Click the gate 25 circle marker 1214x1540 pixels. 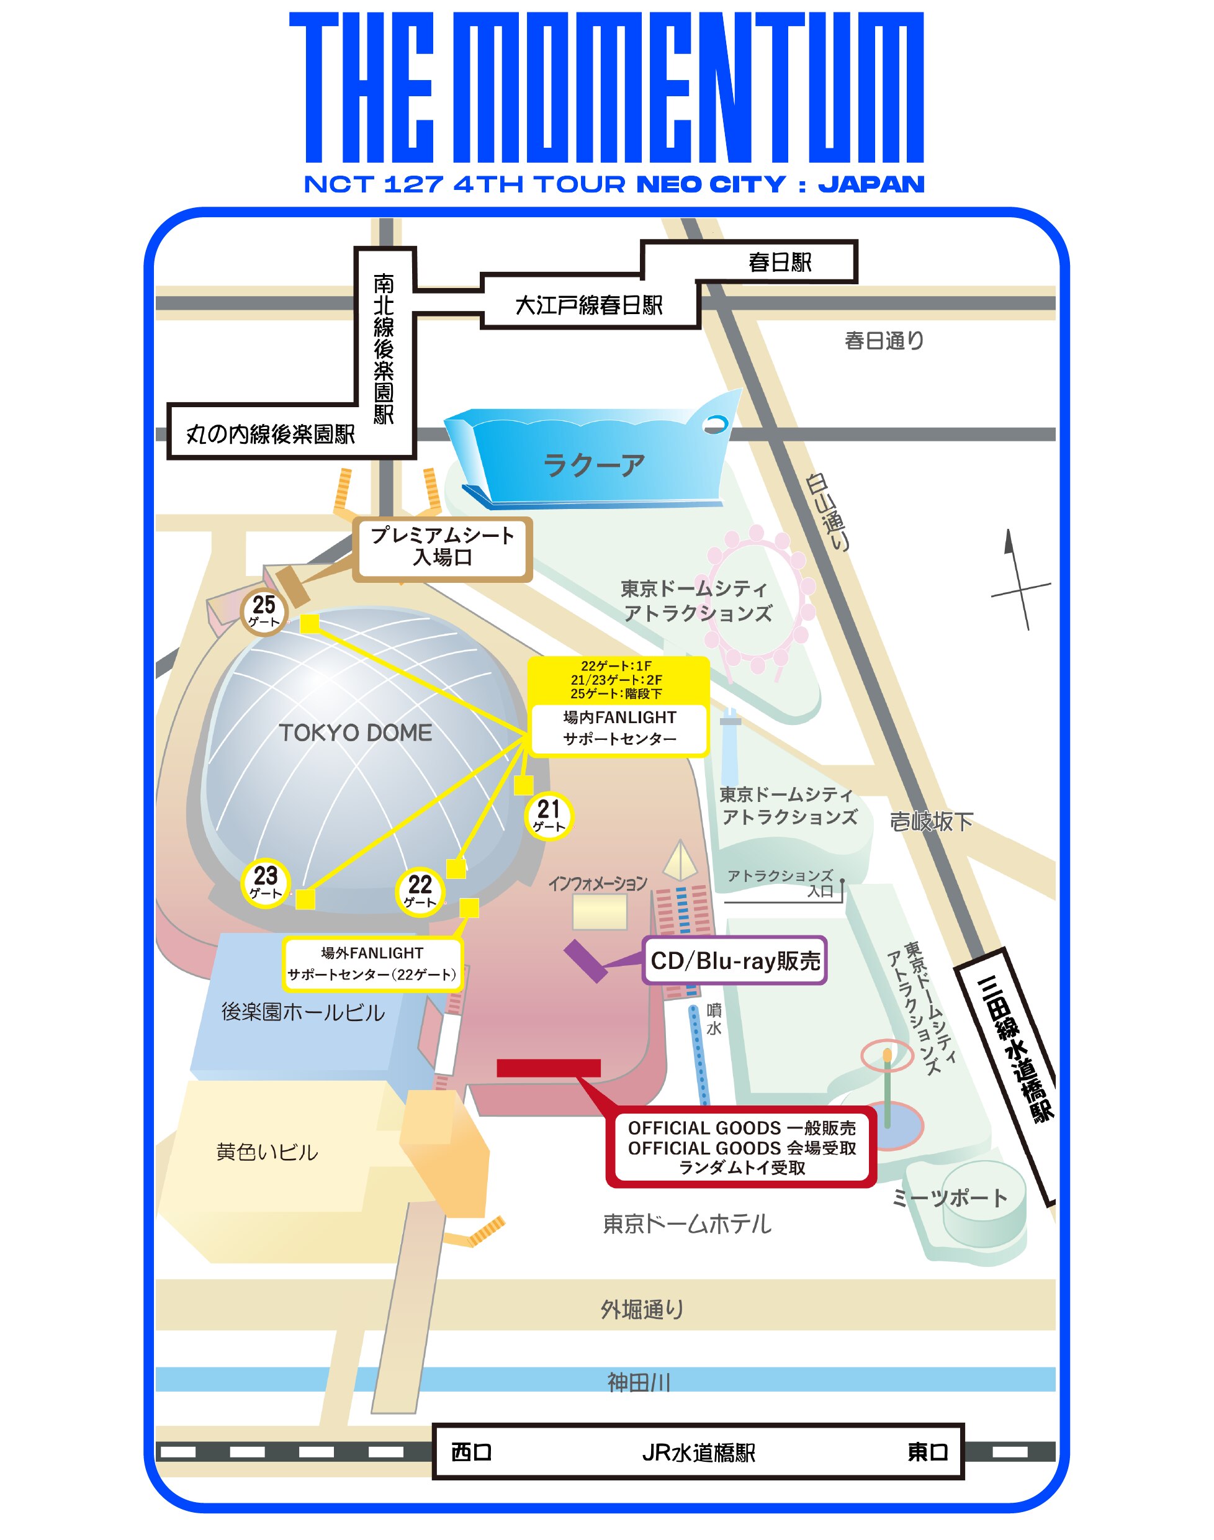coord(264,611)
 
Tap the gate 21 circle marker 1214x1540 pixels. coord(549,815)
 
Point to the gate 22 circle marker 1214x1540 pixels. coord(420,891)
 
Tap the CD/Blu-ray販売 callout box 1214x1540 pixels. coord(735,960)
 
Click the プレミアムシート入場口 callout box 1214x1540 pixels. coord(442,546)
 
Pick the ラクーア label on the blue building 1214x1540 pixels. coord(593,466)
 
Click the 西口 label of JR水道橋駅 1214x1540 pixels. coord(471,1451)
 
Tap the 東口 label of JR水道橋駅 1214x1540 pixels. coord(927,1451)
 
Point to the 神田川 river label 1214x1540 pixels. coord(638,1382)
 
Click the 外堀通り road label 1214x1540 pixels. coord(641,1309)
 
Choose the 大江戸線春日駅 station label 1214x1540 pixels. coord(588,305)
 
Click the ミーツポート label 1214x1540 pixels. coord(949,1197)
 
